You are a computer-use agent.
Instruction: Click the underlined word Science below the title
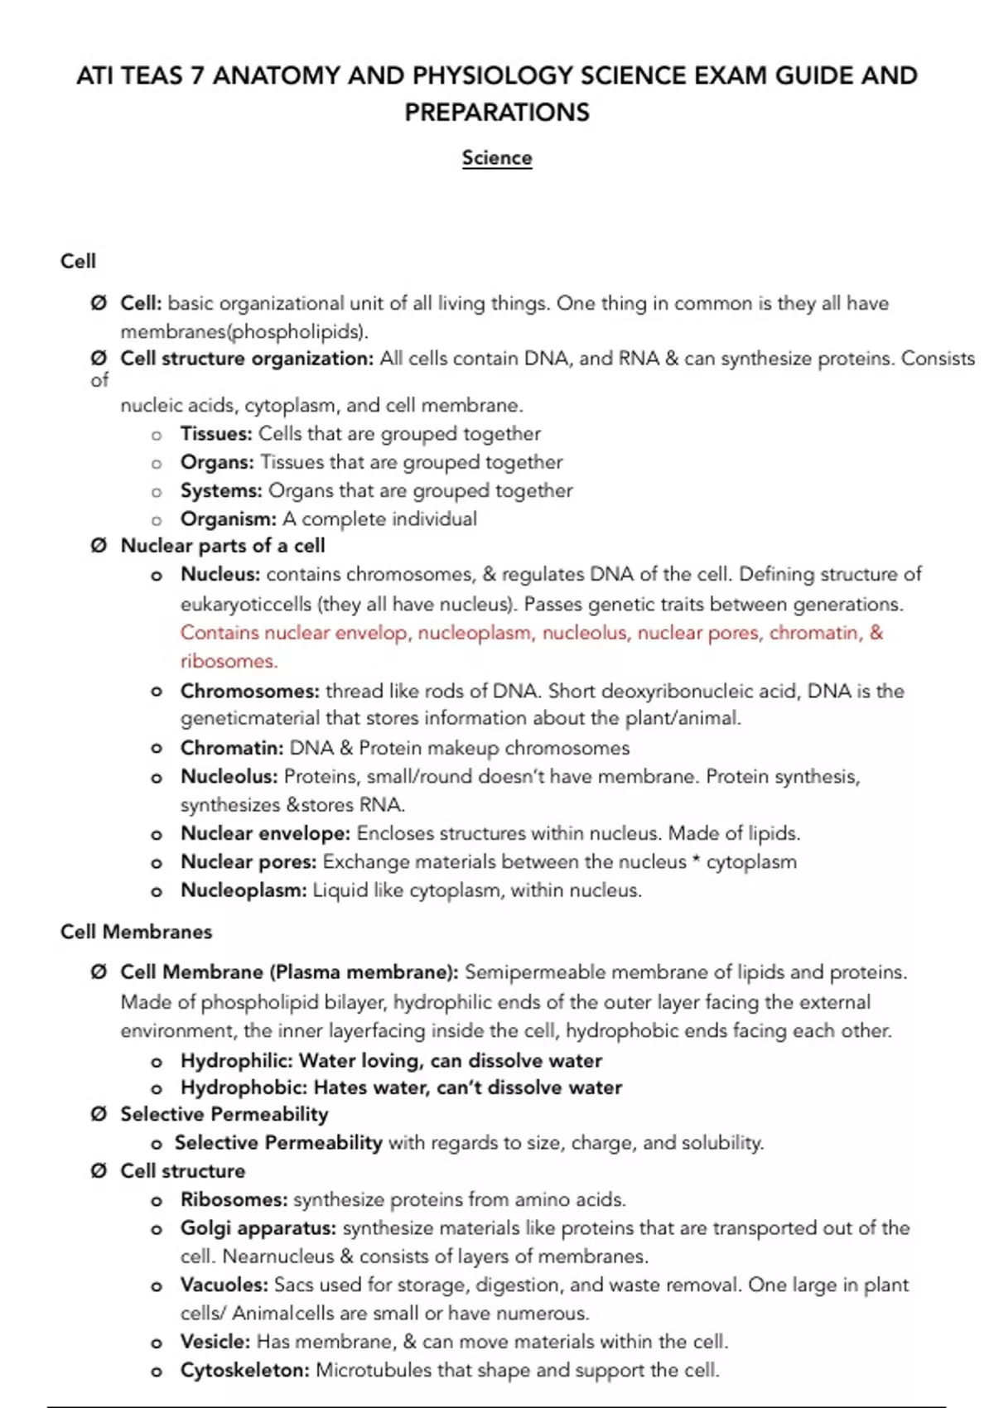tap(497, 157)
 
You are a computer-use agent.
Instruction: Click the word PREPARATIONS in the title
tap(497, 112)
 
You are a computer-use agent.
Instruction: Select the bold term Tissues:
tap(216, 434)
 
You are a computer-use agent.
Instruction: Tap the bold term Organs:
tap(217, 462)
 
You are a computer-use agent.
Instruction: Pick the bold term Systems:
tap(221, 490)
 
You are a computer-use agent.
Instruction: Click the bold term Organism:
tap(229, 519)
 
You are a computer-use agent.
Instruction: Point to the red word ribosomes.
tap(229, 661)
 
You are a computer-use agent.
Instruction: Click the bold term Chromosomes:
tap(249, 691)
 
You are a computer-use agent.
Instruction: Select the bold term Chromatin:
tap(232, 748)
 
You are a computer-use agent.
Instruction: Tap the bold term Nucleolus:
tap(229, 777)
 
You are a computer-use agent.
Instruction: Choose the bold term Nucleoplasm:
tap(244, 890)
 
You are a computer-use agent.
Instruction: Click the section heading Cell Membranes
tap(136, 932)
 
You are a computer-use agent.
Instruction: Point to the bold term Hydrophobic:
tap(244, 1087)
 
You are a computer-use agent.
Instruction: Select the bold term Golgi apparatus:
tap(258, 1228)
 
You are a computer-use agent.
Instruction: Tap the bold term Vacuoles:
tap(224, 1285)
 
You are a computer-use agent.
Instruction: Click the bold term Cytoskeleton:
tap(245, 1371)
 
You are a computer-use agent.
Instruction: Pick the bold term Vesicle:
tap(215, 1342)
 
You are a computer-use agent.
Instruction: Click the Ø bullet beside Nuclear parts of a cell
tap(99, 546)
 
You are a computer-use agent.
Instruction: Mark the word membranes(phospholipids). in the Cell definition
tap(244, 332)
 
